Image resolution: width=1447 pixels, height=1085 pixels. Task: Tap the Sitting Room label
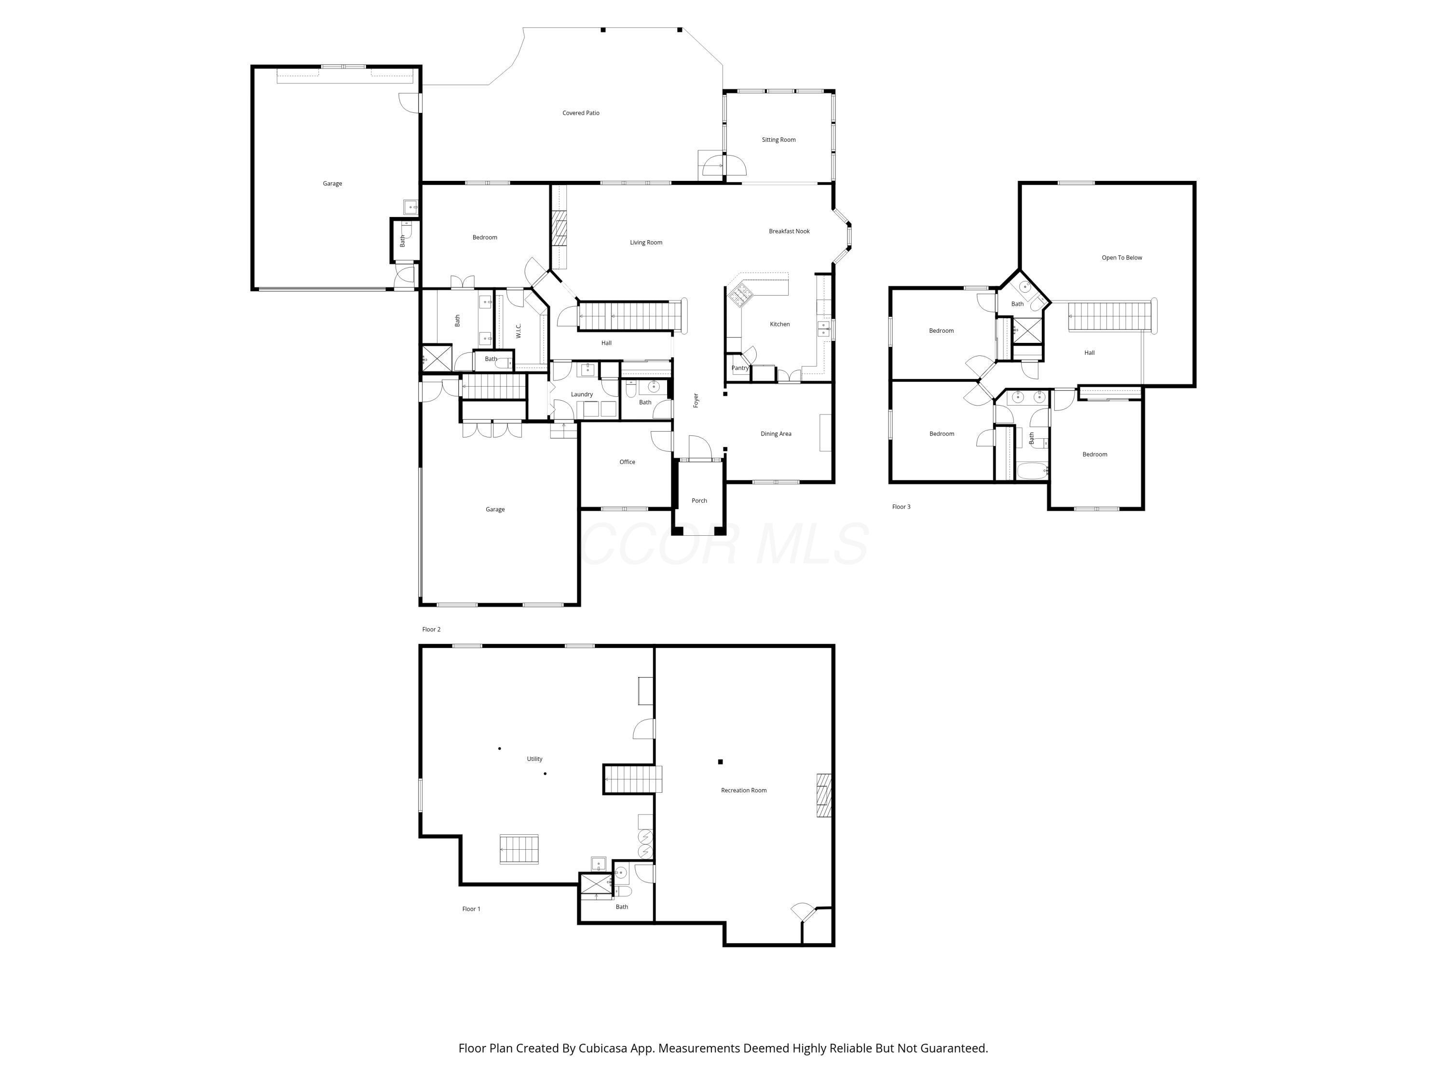coord(778,140)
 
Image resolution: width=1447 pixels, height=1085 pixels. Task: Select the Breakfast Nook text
coord(789,231)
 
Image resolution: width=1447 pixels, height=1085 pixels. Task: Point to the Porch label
coord(698,501)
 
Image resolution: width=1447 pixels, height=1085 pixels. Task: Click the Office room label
coord(627,462)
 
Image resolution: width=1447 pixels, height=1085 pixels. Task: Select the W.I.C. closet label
coord(519,331)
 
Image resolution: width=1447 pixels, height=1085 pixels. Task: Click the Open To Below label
coord(1121,258)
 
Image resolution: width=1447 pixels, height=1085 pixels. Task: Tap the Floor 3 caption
coord(901,507)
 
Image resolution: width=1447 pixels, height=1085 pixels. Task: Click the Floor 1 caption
coord(470,909)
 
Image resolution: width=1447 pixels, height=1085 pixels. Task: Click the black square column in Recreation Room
coord(720,762)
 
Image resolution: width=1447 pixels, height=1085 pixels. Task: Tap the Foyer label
coord(696,400)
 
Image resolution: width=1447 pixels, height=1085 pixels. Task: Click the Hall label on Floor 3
coord(1089,353)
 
